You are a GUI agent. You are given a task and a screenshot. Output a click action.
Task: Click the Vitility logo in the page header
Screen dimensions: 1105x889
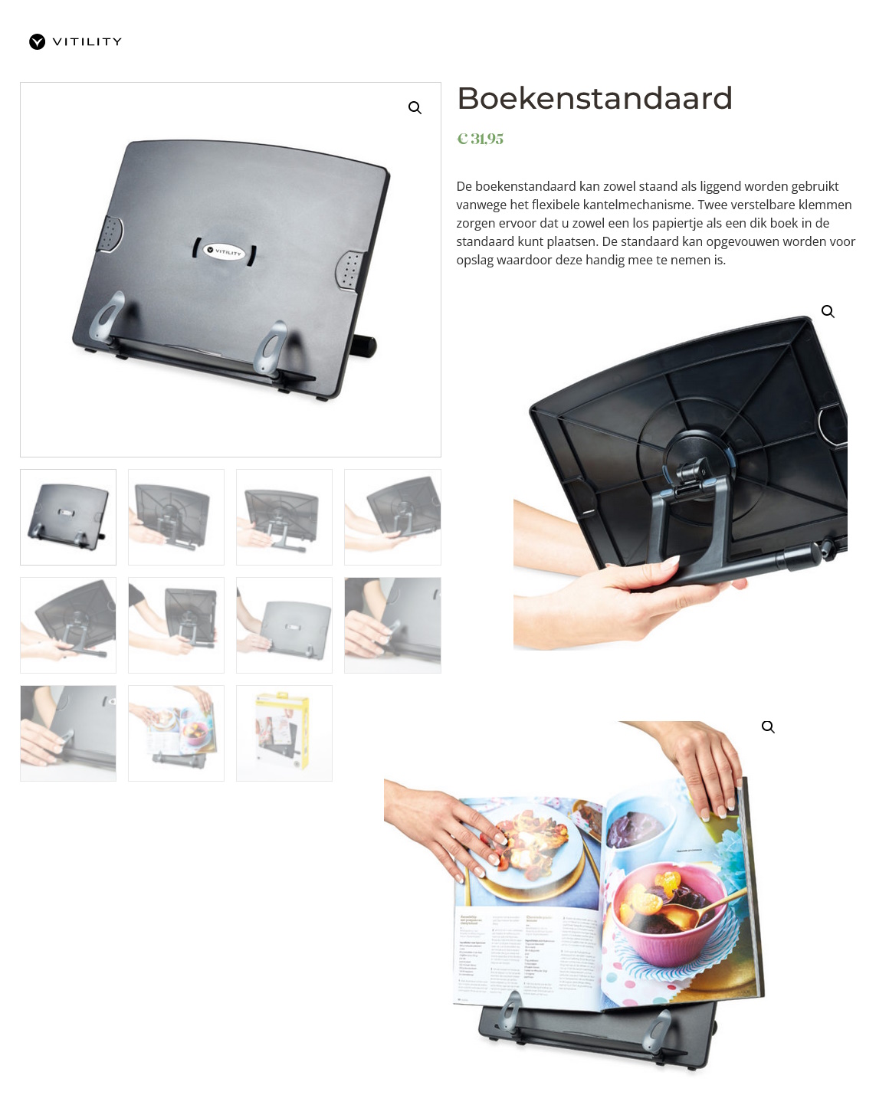point(75,41)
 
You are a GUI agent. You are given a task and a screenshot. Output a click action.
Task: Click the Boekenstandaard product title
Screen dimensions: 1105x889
point(595,99)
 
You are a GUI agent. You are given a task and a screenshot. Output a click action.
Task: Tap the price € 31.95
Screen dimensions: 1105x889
point(481,139)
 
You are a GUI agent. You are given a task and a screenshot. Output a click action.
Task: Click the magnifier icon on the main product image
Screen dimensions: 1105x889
point(415,108)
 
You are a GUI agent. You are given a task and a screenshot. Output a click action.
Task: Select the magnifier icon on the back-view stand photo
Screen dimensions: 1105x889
point(828,312)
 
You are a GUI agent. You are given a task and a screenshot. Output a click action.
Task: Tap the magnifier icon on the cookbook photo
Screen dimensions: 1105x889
point(768,727)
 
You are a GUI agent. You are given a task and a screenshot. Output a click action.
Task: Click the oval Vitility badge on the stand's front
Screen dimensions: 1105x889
point(225,251)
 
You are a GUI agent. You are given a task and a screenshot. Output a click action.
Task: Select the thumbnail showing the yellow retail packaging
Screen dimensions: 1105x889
point(284,733)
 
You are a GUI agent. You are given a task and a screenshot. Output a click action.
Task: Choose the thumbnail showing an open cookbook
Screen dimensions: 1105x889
point(176,733)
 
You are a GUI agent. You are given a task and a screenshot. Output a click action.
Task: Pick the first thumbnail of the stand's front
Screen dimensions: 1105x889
point(68,517)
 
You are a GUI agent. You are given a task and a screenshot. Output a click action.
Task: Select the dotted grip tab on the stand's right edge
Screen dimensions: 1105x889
point(350,270)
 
